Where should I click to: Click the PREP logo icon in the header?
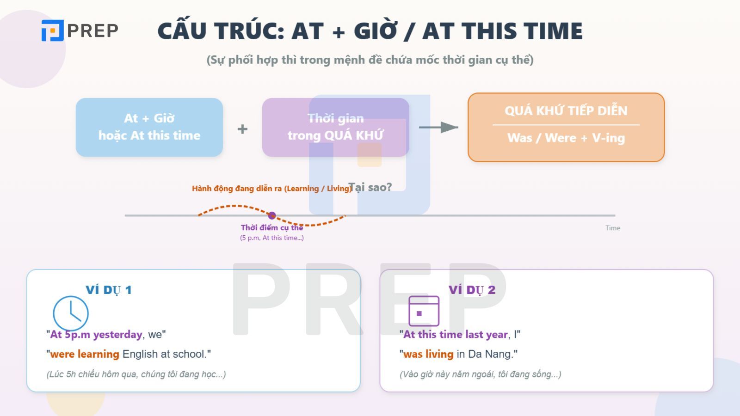click(x=52, y=31)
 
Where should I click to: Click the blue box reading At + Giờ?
click(x=149, y=127)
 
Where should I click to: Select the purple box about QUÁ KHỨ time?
click(x=336, y=127)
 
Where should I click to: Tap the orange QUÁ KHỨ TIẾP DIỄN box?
click(x=566, y=127)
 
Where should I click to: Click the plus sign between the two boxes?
click(x=242, y=129)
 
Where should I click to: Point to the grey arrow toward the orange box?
click(x=438, y=127)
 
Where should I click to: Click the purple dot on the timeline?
click(x=272, y=215)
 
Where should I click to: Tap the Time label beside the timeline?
click(x=613, y=228)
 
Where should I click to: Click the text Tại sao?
click(x=370, y=187)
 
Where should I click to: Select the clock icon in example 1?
click(x=71, y=313)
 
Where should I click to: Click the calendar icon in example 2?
click(x=424, y=311)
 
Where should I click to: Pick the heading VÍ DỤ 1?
click(x=109, y=290)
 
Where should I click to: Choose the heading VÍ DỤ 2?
click(x=472, y=290)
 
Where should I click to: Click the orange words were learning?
click(x=85, y=354)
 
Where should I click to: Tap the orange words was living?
click(x=428, y=354)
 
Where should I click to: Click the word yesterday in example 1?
click(x=118, y=334)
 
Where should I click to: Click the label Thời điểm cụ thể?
click(x=272, y=227)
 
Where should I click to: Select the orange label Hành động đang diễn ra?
click(x=237, y=188)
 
